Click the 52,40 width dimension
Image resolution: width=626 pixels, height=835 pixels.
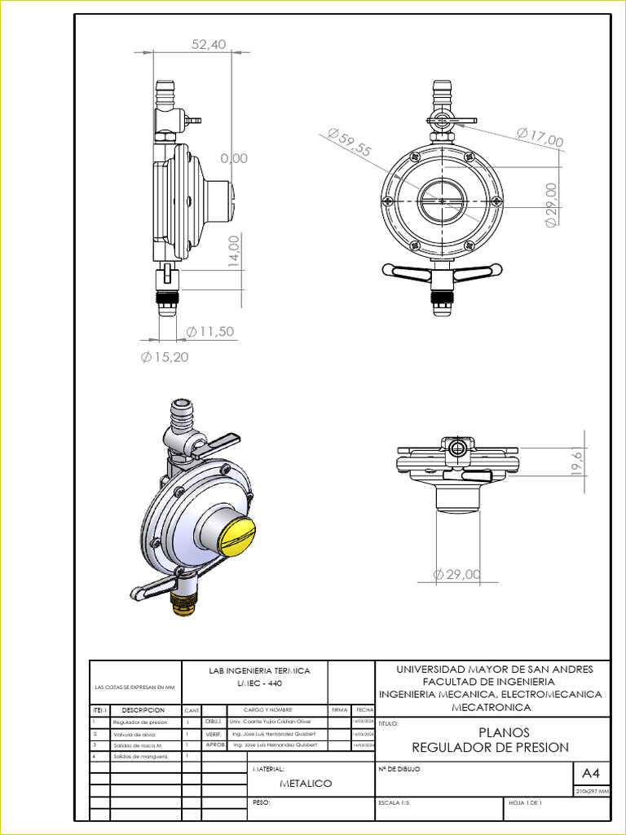[x=209, y=45]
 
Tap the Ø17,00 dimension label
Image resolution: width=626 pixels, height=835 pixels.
[x=540, y=138]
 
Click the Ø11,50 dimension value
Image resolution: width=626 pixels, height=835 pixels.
[x=210, y=331]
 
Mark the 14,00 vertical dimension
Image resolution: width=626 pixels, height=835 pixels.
[x=235, y=251]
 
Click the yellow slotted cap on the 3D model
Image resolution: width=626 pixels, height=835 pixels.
[x=233, y=535]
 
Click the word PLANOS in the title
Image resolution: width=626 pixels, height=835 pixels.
[x=504, y=732]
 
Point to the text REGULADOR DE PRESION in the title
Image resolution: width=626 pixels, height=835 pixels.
[x=490, y=747]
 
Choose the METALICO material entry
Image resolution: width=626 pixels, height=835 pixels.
[x=306, y=783]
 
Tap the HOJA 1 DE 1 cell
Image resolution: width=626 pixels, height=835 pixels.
[x=525, y=803]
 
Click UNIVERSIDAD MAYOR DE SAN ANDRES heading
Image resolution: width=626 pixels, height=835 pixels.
[x=495, y=669]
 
